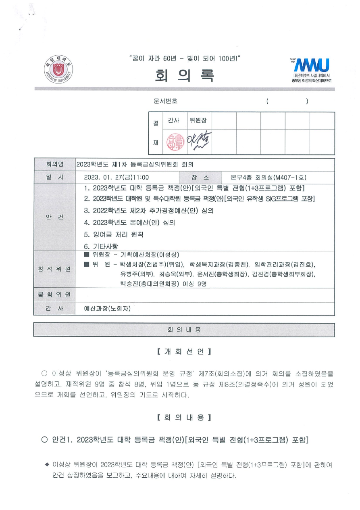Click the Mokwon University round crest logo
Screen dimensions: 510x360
(x=58, y=69)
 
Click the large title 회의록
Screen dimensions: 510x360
(x=185, y=75)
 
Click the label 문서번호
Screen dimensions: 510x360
(x=165, y=101)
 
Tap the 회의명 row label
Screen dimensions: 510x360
(x=54, y=165)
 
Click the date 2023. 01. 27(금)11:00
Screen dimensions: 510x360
(x=117, y=178)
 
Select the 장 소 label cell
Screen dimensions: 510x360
(x=200, y=178)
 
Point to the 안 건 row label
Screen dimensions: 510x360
(x=54, y=217)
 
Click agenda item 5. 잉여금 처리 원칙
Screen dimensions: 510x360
(x=114, y=234)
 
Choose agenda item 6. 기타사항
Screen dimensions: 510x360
(x=101, y=246)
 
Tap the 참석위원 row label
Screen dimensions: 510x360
(x=54, y=269)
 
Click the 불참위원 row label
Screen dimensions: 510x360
(x=54, y=295)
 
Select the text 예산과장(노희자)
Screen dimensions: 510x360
(x=107, y=309)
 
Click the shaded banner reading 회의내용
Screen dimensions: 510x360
(x=184, y=330)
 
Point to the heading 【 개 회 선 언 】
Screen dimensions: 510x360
(x=184, y=351)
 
